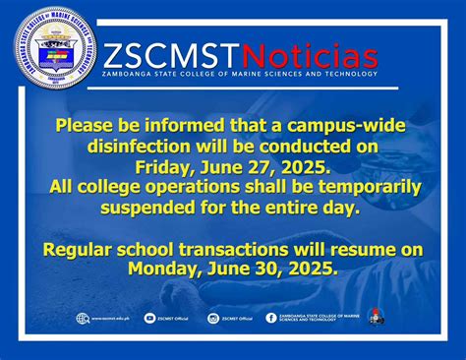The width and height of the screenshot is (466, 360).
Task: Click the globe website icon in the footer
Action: point(82,319)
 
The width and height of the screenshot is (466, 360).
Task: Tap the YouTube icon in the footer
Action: point(149,319)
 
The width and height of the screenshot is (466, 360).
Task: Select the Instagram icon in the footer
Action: point(213,319)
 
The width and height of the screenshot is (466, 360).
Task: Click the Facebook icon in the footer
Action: point(271,319)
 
